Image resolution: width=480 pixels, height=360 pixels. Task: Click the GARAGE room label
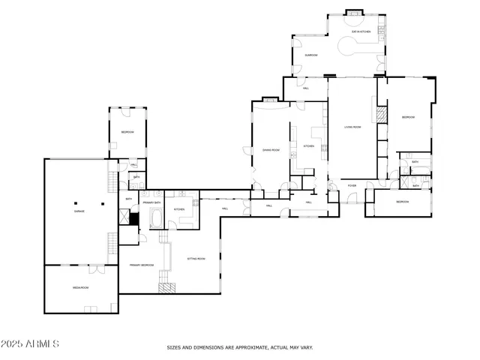[x=79, y=211]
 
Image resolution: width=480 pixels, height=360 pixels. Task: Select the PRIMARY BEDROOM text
[x=141, y=265]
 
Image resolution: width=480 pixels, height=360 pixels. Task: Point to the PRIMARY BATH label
[x=153, y=202]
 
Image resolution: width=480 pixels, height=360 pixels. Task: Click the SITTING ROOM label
[x=196, y=259]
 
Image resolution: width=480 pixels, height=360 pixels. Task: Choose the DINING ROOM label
[x=271, y=150]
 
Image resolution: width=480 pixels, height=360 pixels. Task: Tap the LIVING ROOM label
[x=352, y=127]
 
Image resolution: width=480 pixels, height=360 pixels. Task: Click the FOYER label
[x=352, y=185]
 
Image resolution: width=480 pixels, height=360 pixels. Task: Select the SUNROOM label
[x=310, y=55]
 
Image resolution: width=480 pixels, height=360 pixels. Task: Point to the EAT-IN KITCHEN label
[x=361, y=32]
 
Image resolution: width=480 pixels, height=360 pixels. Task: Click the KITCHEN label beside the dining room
[x=308, y=146]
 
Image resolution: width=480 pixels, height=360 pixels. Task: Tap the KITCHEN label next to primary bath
[x=180, y=209]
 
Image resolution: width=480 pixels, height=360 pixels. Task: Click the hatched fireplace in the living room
[x=381, y=115]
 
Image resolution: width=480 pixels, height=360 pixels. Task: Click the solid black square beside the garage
[x=133, y=220]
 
